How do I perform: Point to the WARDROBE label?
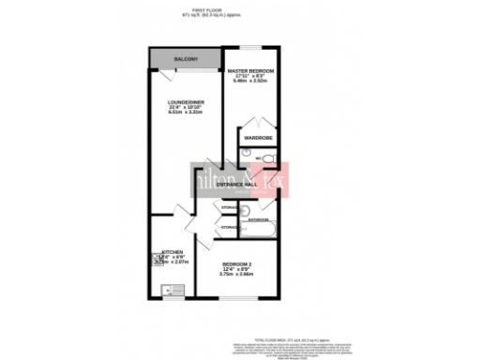point(257,138)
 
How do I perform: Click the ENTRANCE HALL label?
point(236,186)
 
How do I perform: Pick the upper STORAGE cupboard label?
point(229,206)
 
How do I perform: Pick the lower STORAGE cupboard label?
point(229,228)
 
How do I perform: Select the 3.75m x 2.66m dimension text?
point(237,276)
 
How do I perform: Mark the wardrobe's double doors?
point(257,126)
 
